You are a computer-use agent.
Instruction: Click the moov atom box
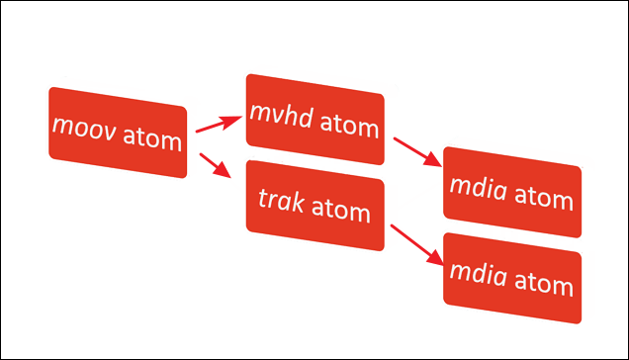pyautogui.click(x=118, y=133)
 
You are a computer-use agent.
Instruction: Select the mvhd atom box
pyautogui.click(x=314, y=120)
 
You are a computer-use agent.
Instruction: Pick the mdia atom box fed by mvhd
pyautogui.click(x=511, y=193)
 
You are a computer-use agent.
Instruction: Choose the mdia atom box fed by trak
pyautogui.click(x=511, y=279)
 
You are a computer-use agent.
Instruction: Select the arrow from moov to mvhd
pyautogui.click(x=219, y=124)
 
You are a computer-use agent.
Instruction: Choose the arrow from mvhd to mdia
pyautogui.click(x=416, y=152)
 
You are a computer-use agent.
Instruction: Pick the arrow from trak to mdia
pyautogui.click(x=415, y=241)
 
